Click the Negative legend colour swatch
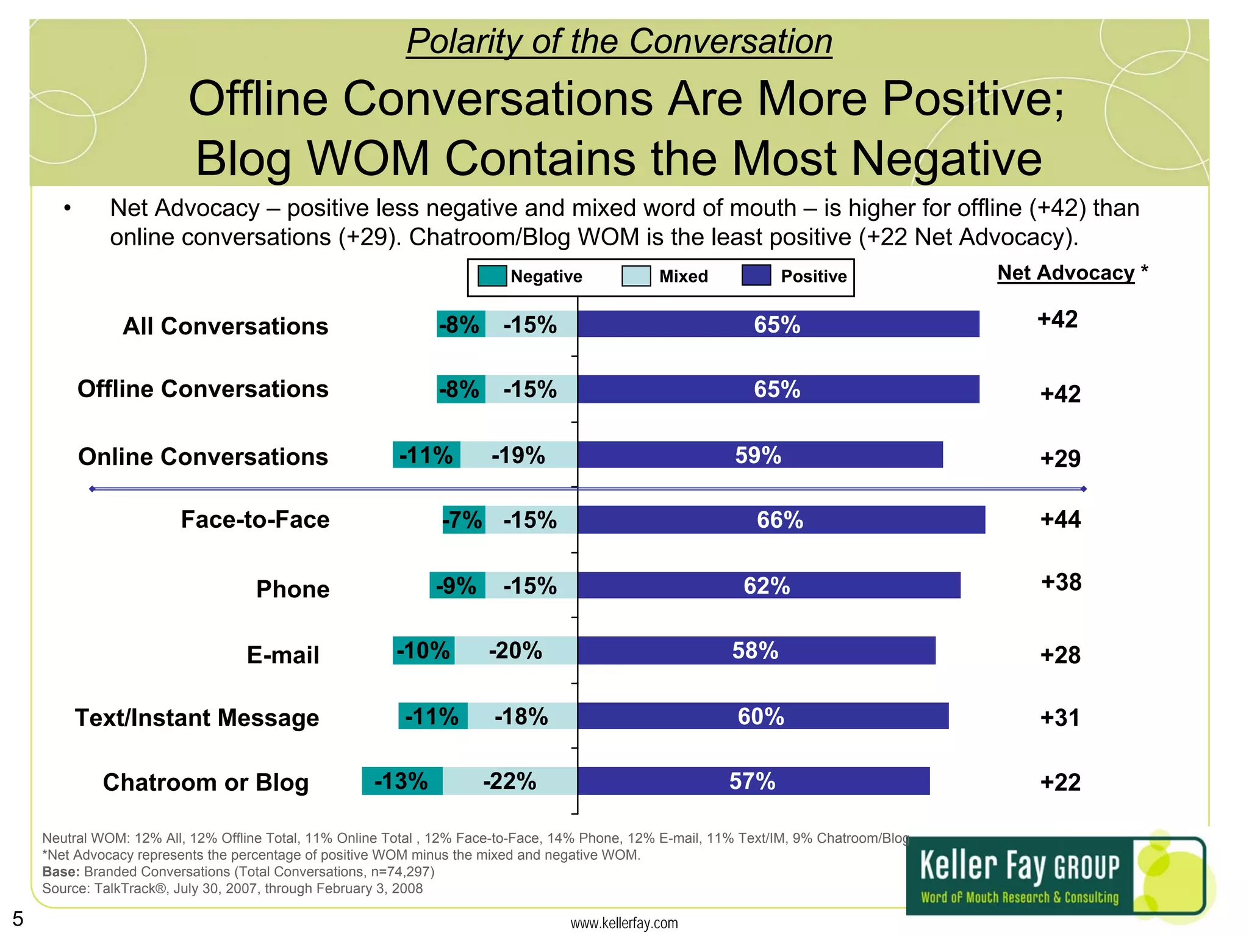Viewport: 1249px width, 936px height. [492, 276]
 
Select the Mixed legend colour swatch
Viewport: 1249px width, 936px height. [635, 276]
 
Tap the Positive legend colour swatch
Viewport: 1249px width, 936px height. [756, 275]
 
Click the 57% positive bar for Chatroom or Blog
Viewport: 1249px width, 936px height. [753, 781]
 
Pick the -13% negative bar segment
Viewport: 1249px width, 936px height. [402, 781]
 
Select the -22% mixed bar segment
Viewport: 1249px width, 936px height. [510, 781]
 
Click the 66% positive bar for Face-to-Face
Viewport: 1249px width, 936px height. [781, 520]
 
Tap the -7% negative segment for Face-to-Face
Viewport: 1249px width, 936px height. [463, 520]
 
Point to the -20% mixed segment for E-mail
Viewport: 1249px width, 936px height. [515, 650]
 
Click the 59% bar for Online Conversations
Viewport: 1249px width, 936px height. [759, 455]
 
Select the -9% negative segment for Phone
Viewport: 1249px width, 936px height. [457, 586]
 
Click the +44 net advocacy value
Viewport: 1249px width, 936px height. [1060, 519]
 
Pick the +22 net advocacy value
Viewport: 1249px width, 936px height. [1060, 782]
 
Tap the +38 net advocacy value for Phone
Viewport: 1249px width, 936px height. [1061, 582]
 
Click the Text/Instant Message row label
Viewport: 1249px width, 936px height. [197, 718]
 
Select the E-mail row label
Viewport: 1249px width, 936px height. [283, 655]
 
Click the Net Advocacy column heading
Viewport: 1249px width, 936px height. [1065, 273]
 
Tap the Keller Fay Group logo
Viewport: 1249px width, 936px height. [1056, 876]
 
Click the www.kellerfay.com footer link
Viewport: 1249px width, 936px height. [624, 923]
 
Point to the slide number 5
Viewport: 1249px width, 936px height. [18, 918]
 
